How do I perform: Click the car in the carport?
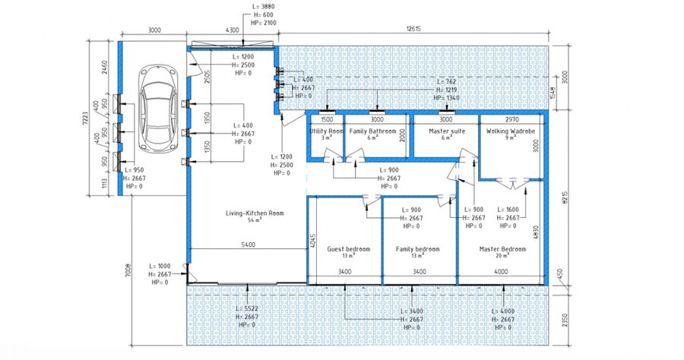coord(157,109)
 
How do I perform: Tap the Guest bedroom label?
coord(348,249)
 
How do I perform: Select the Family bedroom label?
coord(417,249)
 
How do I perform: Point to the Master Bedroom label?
coord(502,249)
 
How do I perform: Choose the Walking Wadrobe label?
coord(511,131)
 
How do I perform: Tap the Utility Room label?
coord(327,131)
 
